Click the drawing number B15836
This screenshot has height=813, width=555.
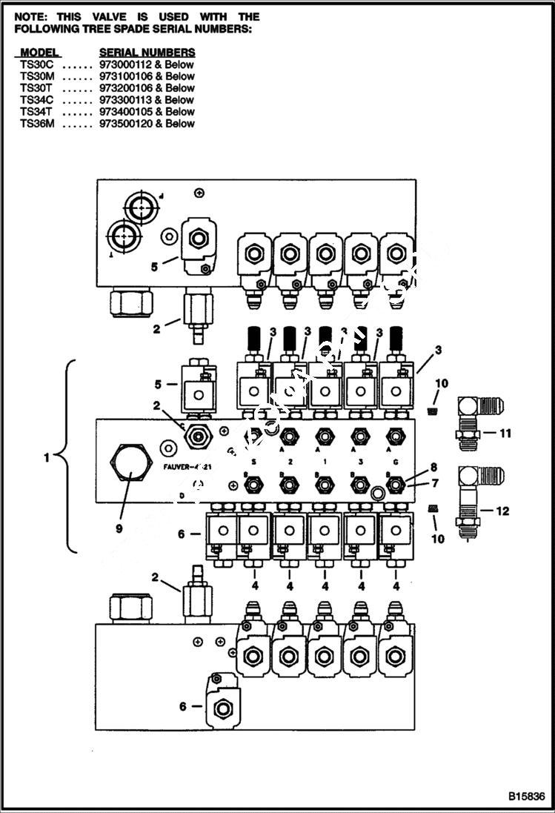point(526,797)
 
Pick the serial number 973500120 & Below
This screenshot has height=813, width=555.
point(147,124)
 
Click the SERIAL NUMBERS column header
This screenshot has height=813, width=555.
point(147,53)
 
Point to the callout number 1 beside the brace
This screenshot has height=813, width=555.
point(46,457)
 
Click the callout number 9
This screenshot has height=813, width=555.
point(119,529)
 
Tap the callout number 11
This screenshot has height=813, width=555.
point(506,433)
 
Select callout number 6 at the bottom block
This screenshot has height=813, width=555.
point(182,706)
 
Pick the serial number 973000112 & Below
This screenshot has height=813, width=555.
point(147,64)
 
